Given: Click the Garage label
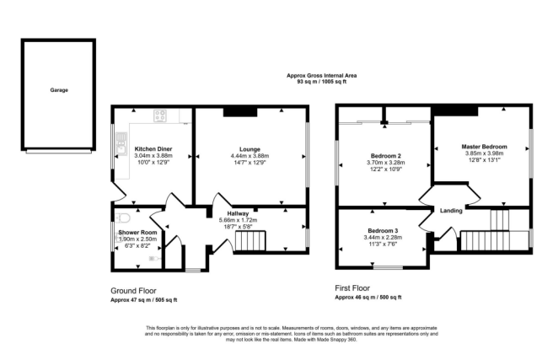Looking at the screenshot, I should (x=58, y=89).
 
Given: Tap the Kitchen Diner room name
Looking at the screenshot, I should (x=153, y=148).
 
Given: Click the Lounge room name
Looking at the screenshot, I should (x=249, y=148).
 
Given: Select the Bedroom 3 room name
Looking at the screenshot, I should (x=383, y=230).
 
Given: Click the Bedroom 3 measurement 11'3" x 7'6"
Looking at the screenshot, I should (x=383, y=245).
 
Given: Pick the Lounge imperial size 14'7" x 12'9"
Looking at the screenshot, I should (x=249, y=163).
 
